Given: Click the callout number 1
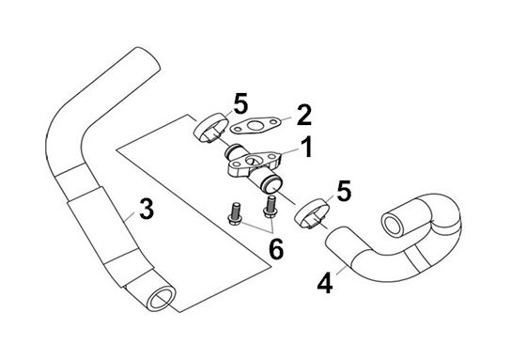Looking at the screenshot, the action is [306, 148].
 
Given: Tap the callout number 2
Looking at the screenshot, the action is [304, 115].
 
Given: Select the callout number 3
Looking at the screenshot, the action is [147, 209].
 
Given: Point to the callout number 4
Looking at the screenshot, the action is [325, 283].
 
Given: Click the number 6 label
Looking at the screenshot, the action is [276, 249].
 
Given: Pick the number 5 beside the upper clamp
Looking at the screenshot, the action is [240, 103].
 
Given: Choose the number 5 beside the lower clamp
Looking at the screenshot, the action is [344, 191].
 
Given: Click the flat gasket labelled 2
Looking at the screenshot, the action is [255, 126].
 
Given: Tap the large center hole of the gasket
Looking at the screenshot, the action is [255, 126].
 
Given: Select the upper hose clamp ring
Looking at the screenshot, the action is [210, 128].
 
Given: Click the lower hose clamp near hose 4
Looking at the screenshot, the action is [311, 214].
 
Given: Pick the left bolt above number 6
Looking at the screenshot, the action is [234, 214].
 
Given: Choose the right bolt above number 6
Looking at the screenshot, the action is [271, 207].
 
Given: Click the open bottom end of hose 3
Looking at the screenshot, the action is [161, 299].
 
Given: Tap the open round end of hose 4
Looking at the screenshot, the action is [394, 225].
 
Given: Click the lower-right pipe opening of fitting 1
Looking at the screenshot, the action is [272, 185].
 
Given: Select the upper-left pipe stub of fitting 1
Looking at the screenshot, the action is [234, 151].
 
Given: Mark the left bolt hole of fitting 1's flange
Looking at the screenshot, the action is [235, 164].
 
